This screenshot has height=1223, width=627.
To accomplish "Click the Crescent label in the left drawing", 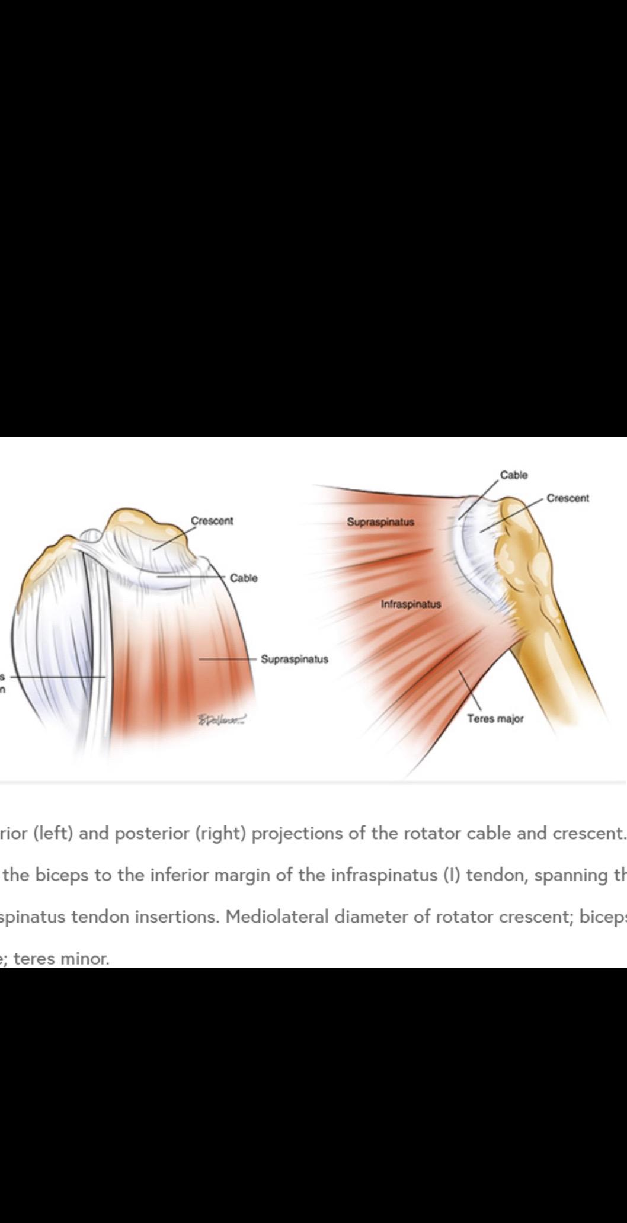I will [212, 521].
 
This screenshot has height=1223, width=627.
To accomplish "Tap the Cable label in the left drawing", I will [244, 578].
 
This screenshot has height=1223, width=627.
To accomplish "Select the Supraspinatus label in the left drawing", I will [295, 659].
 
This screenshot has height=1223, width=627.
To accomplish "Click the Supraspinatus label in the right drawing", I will [380, 522].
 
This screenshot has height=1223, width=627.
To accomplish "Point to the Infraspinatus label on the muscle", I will [411, 604].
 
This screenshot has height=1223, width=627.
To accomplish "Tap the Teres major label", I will [495, 719].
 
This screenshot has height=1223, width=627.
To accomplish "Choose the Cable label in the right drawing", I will [514, 475].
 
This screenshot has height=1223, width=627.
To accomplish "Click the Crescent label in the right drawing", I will [568, 498].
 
